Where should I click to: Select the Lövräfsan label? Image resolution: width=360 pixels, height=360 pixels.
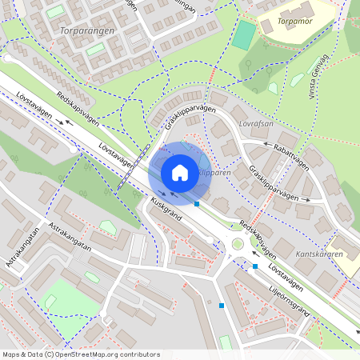coord(256,124)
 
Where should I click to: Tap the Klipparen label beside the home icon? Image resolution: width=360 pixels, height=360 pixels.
coord(214,172)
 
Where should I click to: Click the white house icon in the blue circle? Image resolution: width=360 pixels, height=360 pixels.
coord(180,173)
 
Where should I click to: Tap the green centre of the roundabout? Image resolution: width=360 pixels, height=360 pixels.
coord(238,245)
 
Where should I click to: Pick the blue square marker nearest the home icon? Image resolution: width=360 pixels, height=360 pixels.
coord(197,204)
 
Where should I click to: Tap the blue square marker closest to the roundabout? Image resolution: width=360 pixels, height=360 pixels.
coord(255,266)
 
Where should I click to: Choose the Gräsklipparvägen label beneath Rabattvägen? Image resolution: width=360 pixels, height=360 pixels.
coord(279,184)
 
